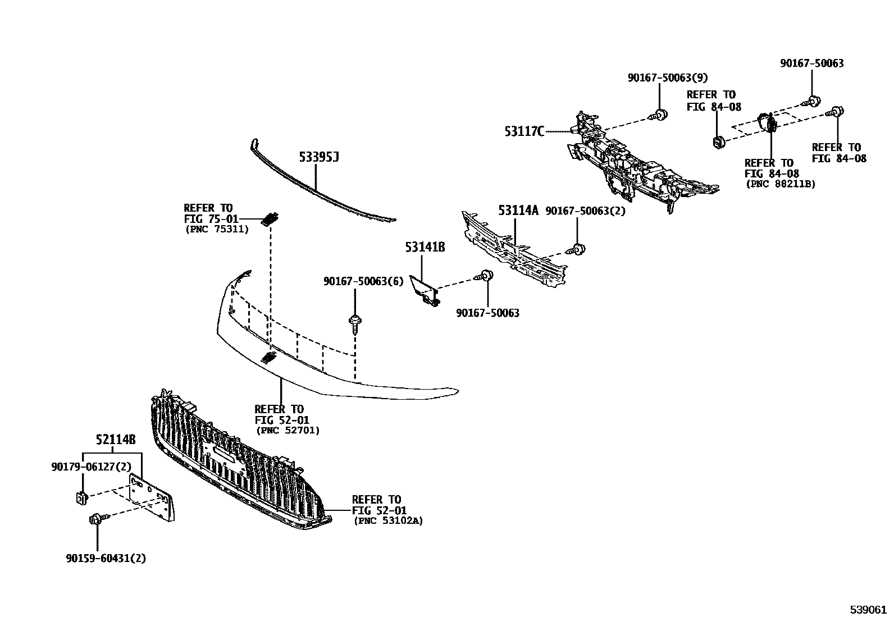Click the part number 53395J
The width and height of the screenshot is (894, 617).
click(318, 157)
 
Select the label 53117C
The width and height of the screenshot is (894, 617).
click(524, 132)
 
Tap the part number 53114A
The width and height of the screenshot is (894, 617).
click(518, 211)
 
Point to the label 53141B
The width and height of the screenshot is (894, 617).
click(425, 246)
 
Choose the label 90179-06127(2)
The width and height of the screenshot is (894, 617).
click(90, 467)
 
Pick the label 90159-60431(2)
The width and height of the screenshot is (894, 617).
click(106, 559)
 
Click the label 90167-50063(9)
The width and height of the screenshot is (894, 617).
click(668, 78)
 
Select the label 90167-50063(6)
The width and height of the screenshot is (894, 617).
click(363, 281)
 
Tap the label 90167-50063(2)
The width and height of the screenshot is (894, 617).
click(585, 211)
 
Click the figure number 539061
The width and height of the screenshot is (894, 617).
click(868, 609)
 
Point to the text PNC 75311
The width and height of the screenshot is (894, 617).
click(216, 229)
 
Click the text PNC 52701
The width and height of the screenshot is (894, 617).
click(288, 431)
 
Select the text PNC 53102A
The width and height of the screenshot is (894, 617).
click(388, 521)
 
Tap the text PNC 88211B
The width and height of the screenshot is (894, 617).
click(780, 184)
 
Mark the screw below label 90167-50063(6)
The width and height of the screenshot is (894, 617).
click(355, 324)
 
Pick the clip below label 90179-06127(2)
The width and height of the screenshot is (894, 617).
click(81, 497)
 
